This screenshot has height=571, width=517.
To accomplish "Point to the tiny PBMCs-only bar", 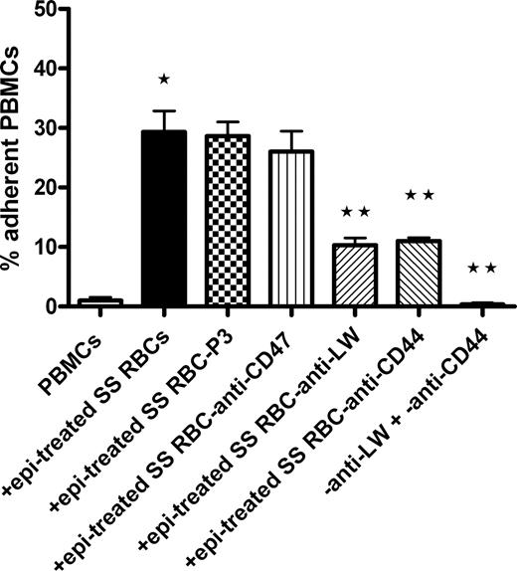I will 99,301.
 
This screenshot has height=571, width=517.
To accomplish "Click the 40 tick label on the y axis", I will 57,69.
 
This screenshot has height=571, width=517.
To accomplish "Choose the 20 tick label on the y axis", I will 57,187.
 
